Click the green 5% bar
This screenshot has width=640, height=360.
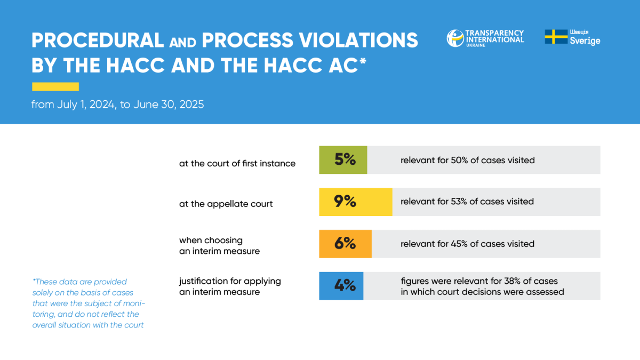click(x=343, y=159)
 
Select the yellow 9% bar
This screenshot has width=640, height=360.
click(x=356, y=202)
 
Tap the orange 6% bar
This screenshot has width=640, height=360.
click(x=346, y=244)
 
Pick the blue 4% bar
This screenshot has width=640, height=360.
click(x=341, y=286)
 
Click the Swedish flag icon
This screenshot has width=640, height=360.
click(x=556, y=37)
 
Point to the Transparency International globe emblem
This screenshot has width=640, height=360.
click(x=455, y=38)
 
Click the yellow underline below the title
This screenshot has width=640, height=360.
click(x=55, y=86)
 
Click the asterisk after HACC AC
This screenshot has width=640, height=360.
click(x=363, y=61)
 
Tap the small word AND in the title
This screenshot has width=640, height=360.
click(x=182, y=43)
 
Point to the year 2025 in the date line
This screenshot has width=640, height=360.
click(x=191, y=105)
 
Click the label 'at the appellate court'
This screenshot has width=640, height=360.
click(x=226, y=204)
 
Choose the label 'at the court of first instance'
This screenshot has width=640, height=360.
click(x=237, y=163)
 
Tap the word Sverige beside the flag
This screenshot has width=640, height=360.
click(x=585, y=41)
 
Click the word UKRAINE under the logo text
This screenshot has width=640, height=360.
click(x=476, y=45)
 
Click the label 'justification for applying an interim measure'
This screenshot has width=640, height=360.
click(x=230, y=286)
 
